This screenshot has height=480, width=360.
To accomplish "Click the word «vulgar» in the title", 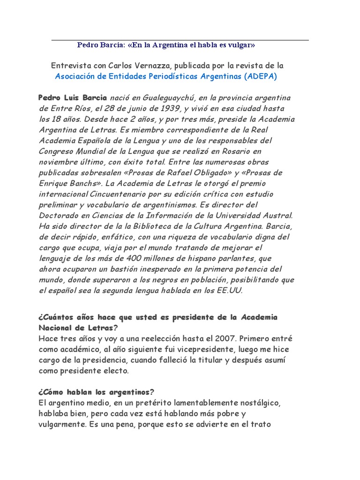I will (241, 45).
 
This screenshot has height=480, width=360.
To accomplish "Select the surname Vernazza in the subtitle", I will (145, 66).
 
